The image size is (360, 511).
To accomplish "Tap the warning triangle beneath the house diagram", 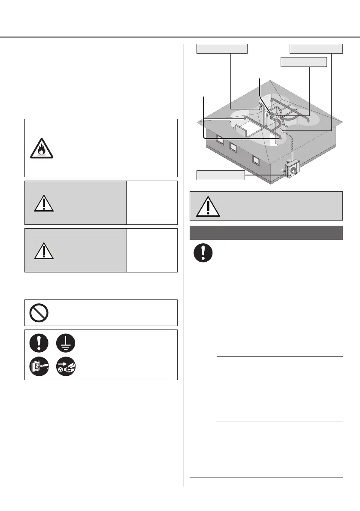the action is point(208,206).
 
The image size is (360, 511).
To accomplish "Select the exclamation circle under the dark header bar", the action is point(203,253).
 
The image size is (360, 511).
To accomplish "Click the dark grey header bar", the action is point(266,233).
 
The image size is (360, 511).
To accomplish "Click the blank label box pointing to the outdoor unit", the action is point(221,175).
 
